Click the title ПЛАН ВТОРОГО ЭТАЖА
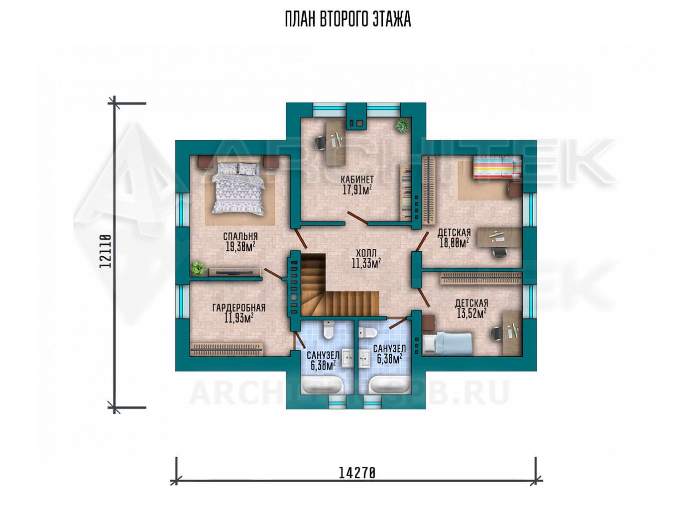tap(348, 19)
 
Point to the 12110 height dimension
tap(106, 251)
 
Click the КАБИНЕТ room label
tap(357, 180)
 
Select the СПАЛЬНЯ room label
tap(240, 236)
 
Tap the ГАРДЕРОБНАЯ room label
tap(238, 308)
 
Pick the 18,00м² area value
tap(454, 243)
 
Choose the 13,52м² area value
tap(472, 313)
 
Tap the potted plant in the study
tap(402, 125)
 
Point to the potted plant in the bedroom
tap(198, 268)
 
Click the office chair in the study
tap(321, 143)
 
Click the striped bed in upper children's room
tap(497, 167)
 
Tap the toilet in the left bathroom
tap(329, 329)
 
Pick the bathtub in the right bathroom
tap(389, 385)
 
